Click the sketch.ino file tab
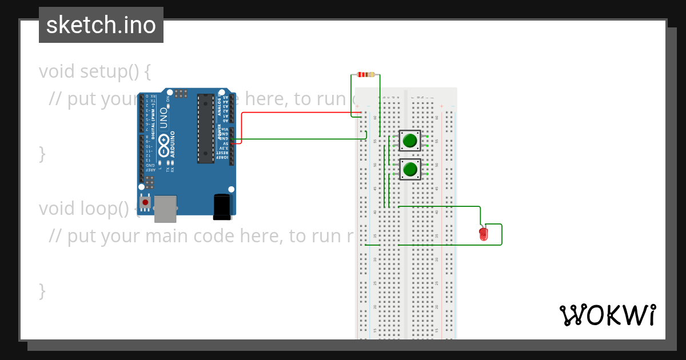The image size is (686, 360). (x=101, y=25)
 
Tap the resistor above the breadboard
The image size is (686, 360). (x=366, y=74)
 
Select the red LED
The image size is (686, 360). (x=484, y=234)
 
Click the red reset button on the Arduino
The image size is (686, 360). (x=145, y=202)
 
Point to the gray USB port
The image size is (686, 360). (x=165, y=209)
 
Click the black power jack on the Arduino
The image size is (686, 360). (x=222, y=206)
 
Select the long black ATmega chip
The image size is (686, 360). (x=206, y=129)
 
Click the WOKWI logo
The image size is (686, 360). (x=607, y=315)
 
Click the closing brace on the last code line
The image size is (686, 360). (x=42, y=290)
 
